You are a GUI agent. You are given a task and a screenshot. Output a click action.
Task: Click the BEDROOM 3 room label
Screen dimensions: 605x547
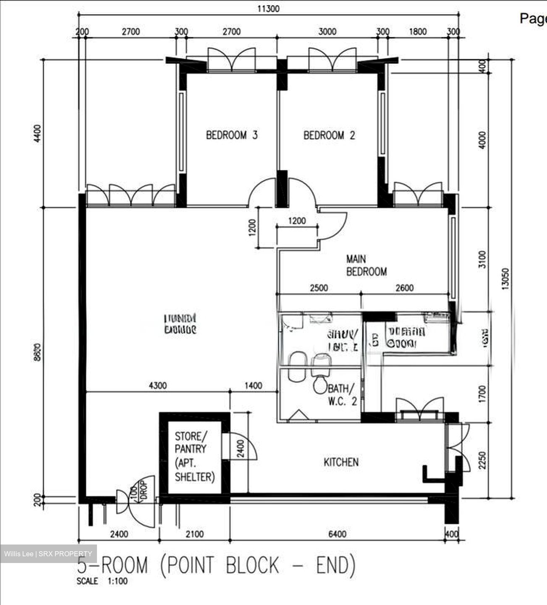pos(232,135)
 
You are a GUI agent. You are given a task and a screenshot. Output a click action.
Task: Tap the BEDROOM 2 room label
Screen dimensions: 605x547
pos(329,135)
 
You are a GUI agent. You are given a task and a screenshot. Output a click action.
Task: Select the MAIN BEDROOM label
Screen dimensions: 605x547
pos(366,266)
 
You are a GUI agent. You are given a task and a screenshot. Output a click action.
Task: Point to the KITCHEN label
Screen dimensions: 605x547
pos(341,462)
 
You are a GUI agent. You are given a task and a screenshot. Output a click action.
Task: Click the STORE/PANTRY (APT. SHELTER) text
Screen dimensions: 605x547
pos(194,456)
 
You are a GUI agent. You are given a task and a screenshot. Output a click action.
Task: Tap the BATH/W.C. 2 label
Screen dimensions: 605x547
pos(342,395)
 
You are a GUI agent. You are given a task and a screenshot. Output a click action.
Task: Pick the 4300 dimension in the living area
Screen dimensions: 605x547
pos(157,386)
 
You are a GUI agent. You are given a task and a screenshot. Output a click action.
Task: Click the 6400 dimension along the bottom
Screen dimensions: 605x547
pos(337,534)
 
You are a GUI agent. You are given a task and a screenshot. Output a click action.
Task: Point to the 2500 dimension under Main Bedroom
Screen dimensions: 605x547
pos(319,288)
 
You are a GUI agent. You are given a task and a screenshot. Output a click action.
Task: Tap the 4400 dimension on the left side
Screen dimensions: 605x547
pos(38,133)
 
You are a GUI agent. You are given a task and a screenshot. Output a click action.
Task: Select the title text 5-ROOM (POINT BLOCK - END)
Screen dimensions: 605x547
pos(217,565)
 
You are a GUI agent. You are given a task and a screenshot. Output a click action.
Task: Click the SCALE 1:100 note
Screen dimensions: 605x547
pos(102,581)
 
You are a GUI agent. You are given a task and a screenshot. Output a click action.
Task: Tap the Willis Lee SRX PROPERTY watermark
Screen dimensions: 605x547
pos(48,554)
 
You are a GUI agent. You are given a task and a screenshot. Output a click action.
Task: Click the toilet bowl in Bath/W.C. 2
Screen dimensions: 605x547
pos(320,384)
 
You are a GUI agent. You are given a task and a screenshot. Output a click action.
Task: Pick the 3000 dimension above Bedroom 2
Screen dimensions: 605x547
pos(327,32)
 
